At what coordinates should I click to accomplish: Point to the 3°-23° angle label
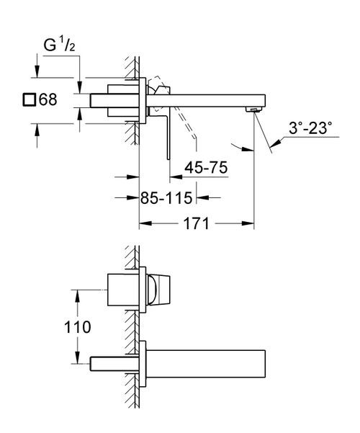pyautogui.click(x=311, y=129)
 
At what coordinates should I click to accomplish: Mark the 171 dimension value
pyautogui.click(x=196, y=224)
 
